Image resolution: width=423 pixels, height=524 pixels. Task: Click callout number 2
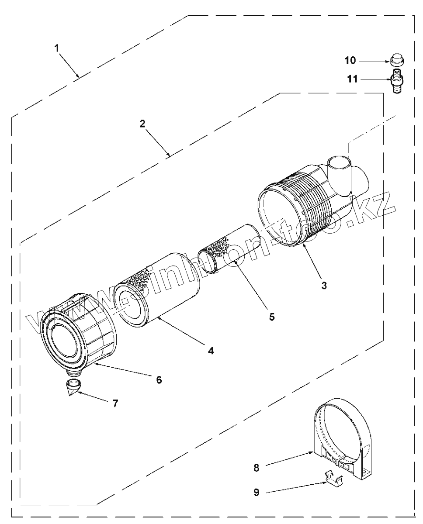click(x=142, y=123)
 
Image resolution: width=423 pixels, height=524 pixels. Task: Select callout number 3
click(x=324, y=285)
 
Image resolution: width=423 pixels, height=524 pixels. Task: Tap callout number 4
click(x=211, y=350)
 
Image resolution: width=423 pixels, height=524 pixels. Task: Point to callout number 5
click(x=272, y=317)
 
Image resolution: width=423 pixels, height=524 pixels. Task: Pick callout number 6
click(x=159, y=379)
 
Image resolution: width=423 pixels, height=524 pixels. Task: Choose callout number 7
click(x=115, y=403)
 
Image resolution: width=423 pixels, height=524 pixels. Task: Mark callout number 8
click(x=256, y=467)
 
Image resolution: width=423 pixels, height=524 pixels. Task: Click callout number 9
click(x=256, y=492)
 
